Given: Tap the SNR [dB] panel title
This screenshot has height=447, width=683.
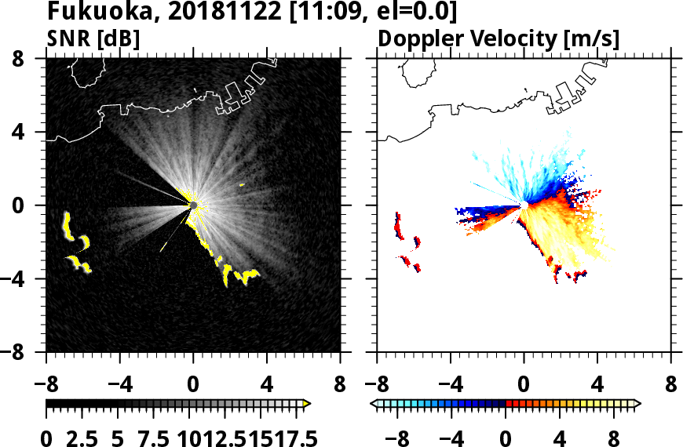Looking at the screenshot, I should point(89,38).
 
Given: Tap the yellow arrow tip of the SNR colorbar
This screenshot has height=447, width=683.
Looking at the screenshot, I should point(307,404).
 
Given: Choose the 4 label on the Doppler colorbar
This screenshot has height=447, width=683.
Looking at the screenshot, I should point(561,439).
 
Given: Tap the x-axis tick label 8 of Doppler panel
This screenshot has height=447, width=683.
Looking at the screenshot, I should point(670,386).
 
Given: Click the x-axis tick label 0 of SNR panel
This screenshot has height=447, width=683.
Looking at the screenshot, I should point(193,386).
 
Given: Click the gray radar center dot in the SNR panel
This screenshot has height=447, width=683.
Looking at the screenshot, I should point(193,205).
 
